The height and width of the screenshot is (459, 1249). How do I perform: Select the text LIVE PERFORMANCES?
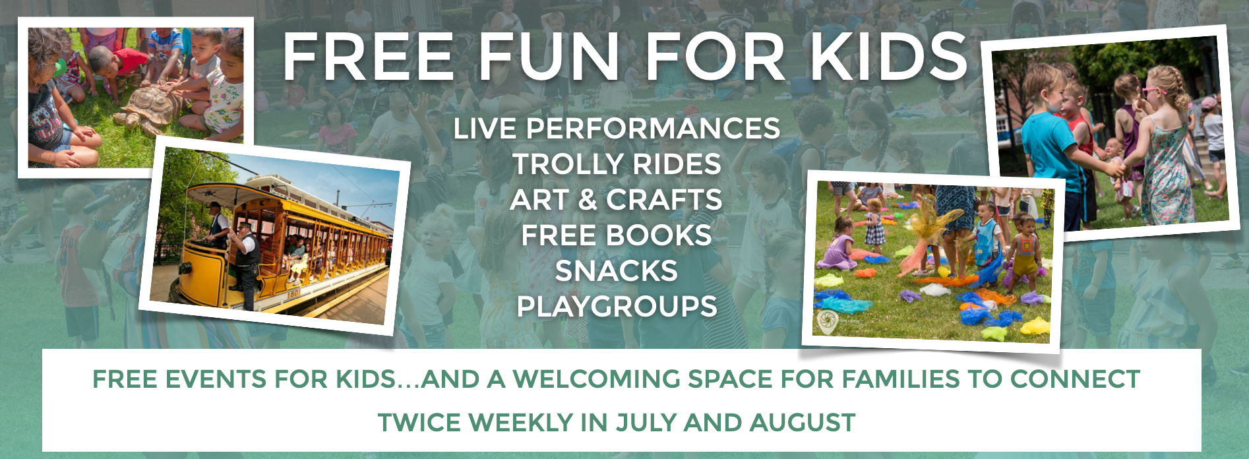(x=617, y=129)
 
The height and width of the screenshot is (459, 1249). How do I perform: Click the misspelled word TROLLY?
(x=568, y=164)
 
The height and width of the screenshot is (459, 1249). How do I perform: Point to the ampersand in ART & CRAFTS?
(x=588, y=200)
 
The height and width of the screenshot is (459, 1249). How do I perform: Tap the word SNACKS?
(x=617, y=271)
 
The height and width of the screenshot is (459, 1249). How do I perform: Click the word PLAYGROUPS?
(x=617, y=307)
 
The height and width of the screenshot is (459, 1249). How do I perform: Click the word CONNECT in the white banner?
(x=1075, y=379)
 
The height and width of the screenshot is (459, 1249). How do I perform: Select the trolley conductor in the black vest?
(x=245, y=264)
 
